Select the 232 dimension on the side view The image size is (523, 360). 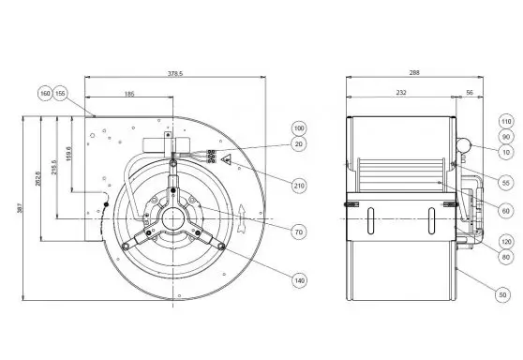[x=400, y=95]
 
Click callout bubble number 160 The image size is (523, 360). [x=45, y=94]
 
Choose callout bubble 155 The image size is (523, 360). [x=61, y=94]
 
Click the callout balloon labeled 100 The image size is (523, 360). [x=299, y=128]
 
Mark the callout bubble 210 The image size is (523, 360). [x=299, y=186]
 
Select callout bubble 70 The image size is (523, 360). [x=299, y=231]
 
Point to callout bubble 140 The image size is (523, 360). [x=299, y=280]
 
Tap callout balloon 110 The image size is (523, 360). [x=505, y=121]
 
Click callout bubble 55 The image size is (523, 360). [x=505, y=182]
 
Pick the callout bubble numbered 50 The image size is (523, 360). [x=505, y=295]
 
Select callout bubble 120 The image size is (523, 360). [x=505, y=239]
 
